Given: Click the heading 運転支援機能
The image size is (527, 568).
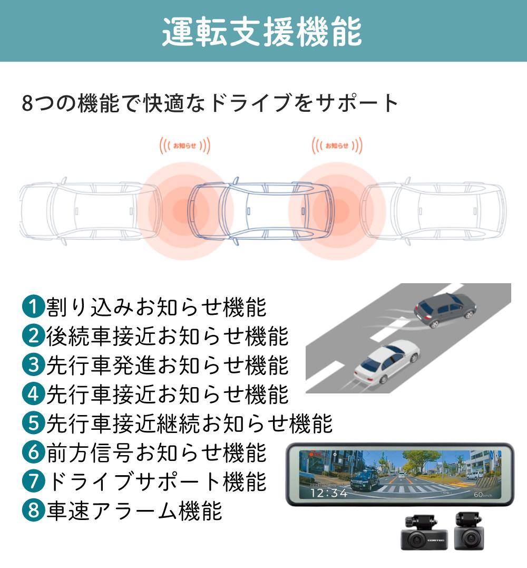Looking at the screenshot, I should coord(262,32).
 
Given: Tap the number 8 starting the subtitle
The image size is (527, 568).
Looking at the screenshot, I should coord(28,103).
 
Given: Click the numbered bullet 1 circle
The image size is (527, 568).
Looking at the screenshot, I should coord(33,306).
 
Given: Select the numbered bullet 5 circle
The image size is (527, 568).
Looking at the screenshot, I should coord(33,422).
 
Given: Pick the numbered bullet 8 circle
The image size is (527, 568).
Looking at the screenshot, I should coord(33,511).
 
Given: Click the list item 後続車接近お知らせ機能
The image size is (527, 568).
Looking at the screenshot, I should coord(167,335).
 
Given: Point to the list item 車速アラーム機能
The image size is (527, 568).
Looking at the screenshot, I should coord(134,511).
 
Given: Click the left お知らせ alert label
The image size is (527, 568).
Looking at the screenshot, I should coord(184,146).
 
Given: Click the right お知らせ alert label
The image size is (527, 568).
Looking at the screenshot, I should coord(337,146).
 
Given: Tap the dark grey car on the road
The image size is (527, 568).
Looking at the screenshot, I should coord(445,310).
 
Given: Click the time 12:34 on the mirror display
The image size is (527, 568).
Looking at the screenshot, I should coord(328,493).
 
